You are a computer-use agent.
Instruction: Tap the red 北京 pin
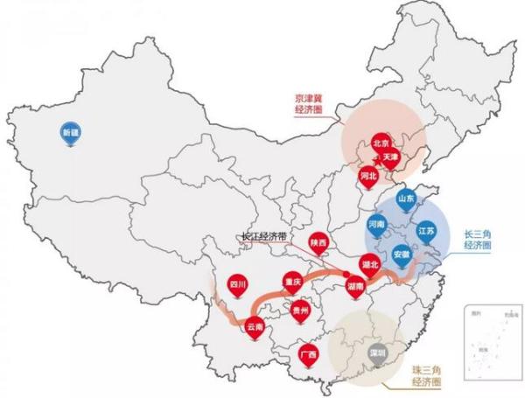[381, 143]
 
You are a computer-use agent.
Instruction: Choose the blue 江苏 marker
[425, 230]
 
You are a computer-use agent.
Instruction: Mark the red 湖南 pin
[356, 286]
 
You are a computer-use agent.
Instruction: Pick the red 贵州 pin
[301, 310]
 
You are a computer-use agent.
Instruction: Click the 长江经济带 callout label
[268, 235]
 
